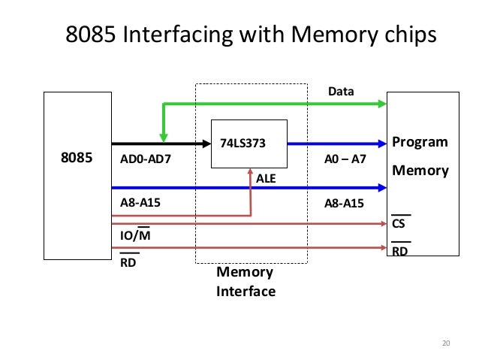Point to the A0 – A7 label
(345, 160)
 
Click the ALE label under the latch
(267, 180)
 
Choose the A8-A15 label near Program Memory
(345, 202)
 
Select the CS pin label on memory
(399, 224)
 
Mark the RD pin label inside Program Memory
(400, 252)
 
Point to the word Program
(420, 143)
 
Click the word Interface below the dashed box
(246, 291)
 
